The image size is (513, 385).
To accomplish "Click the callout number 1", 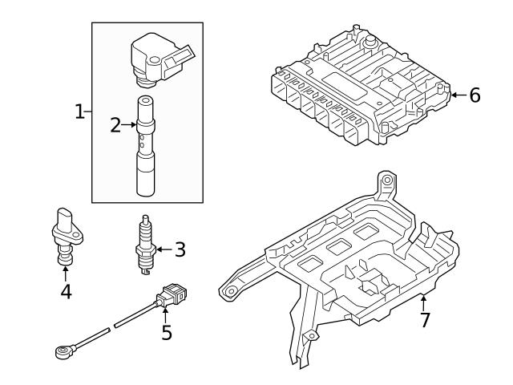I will coord(79,112).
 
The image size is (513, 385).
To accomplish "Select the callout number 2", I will coord(116,125).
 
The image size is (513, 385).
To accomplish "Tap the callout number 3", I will coord(180,249).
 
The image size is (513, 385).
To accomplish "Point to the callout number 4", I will coord(66,292).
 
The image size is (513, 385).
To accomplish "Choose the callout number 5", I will coord(166,331).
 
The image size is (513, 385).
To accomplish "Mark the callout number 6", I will coord(475,95).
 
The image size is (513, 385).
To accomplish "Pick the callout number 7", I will coord(424,319).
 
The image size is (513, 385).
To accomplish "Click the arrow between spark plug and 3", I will coord(164,249).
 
